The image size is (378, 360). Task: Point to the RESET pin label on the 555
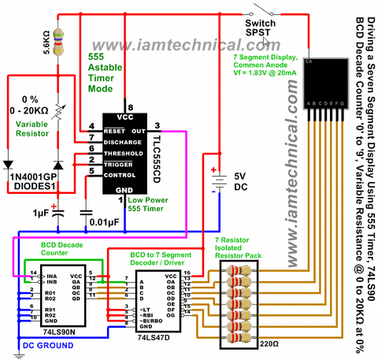click(114, 126)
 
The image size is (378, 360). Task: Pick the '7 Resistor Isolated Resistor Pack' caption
click(243, 247)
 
